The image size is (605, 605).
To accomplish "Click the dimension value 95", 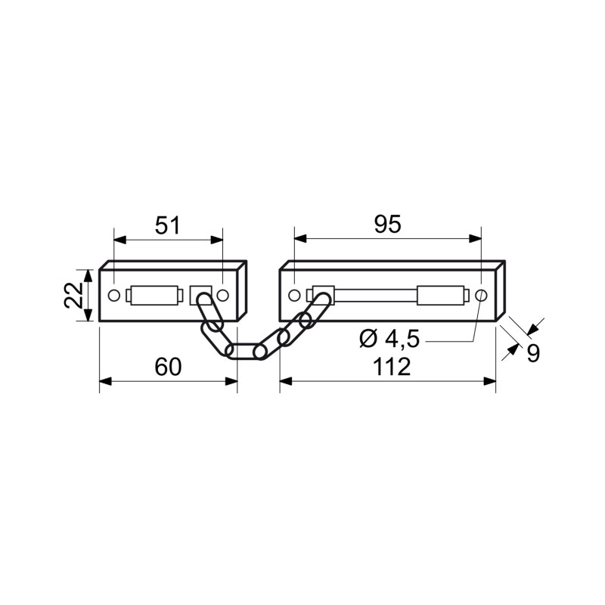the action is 388,224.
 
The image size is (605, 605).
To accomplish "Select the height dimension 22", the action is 73,295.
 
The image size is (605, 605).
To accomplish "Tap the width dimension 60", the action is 168,367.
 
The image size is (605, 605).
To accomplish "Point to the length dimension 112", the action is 392,367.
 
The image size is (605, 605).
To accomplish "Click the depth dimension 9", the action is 533,353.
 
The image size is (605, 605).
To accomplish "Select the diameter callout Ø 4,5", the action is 389,340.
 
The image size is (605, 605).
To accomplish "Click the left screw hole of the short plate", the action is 114,296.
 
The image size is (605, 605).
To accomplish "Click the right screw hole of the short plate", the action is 222,296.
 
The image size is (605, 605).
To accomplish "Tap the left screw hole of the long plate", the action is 294,296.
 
